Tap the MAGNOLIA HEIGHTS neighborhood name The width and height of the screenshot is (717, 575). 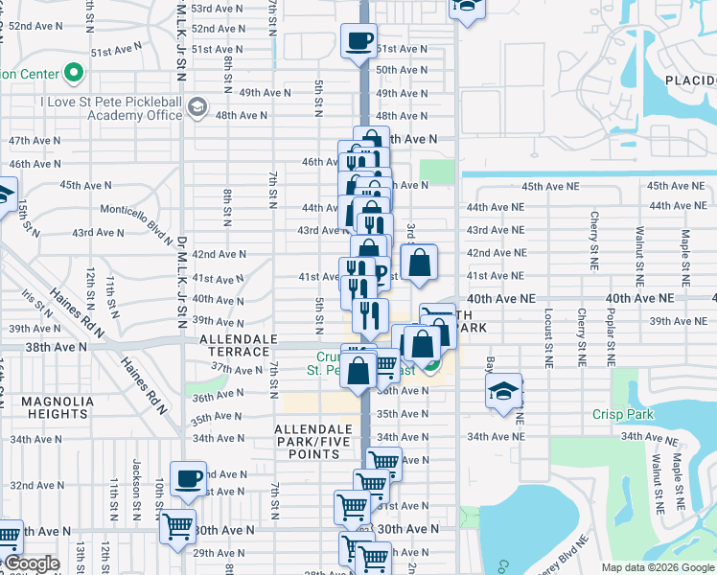(46, 407)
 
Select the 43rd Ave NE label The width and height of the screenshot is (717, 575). (495, 230)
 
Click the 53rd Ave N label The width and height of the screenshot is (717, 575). (216, 8)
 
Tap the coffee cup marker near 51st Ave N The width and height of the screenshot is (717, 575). (359, 41)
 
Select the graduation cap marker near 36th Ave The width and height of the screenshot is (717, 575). (503, 391)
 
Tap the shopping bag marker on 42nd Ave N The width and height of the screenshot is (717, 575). (420, 262)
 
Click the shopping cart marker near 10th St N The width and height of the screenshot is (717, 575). (177, 525)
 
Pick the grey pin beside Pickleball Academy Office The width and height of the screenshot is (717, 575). (198, 104)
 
